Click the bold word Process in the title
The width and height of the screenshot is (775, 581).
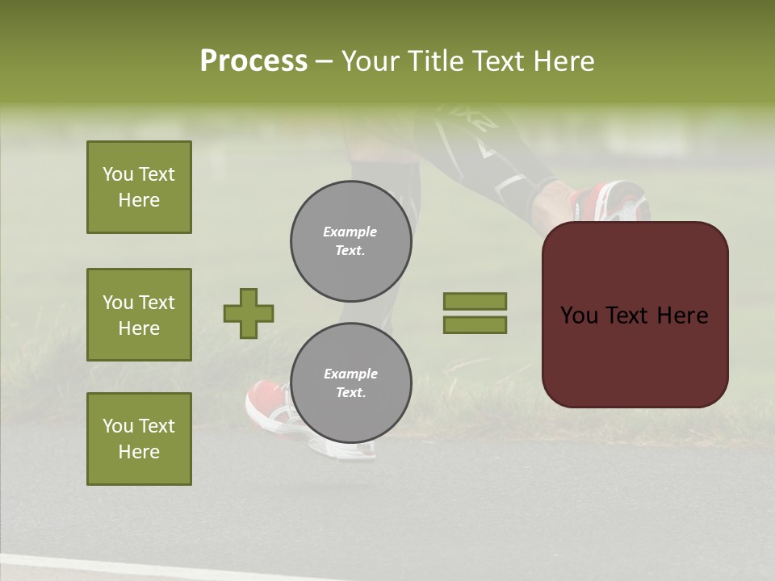253,61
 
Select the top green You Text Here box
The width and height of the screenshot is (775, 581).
139,187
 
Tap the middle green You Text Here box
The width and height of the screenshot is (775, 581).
139,315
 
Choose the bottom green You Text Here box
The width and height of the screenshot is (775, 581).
139,439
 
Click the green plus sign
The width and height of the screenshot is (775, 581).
249,313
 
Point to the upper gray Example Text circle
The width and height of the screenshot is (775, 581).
351,241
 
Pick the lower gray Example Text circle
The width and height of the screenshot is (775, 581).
351,383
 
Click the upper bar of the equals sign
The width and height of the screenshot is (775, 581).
475,301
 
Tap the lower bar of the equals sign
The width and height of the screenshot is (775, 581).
475,324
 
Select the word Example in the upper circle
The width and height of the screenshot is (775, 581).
350,232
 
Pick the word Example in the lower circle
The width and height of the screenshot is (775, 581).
350,374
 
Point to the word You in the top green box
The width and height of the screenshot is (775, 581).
117,174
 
